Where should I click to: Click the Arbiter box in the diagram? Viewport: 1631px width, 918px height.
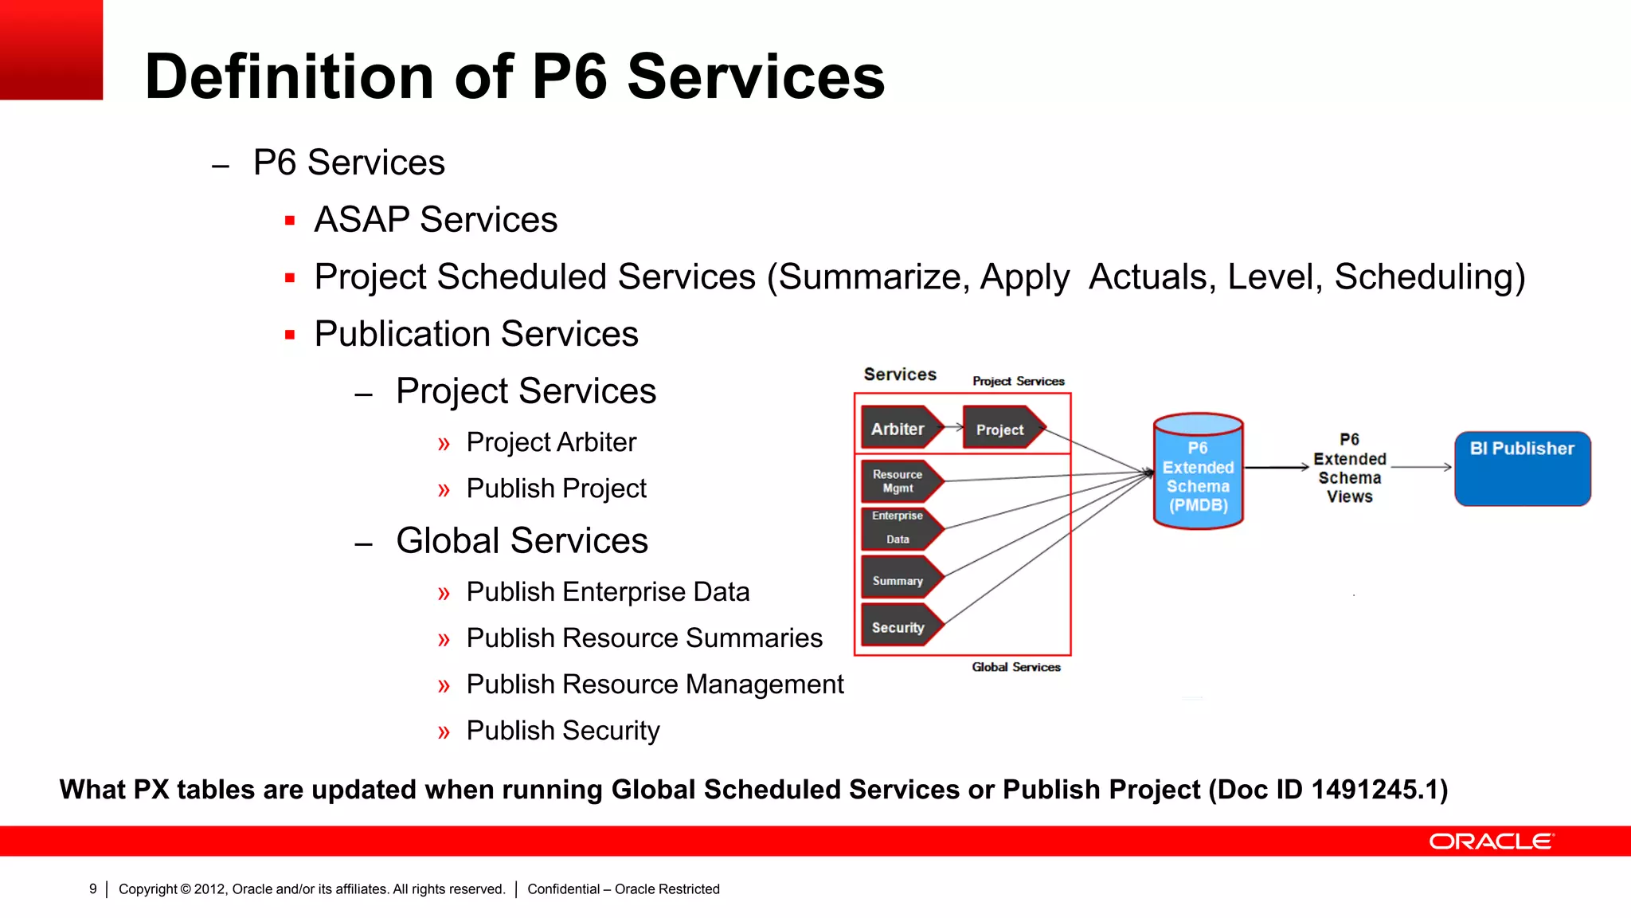(x=898, y=429)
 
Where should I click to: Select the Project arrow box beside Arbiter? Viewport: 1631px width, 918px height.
(x=1000, y=429)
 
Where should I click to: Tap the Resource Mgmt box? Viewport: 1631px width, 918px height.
(x=898, y=481)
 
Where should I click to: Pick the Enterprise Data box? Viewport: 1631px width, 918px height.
(x=898, y=528)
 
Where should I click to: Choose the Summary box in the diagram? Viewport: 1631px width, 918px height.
(x=898, y=580)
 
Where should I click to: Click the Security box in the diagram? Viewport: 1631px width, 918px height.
(x=898, y=627)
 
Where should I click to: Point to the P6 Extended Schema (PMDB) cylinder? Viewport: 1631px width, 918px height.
(x=1198, y=472)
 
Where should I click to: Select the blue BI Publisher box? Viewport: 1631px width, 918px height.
(x=1522, y=469)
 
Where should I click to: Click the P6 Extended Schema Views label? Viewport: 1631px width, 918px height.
(x=1349, y=468)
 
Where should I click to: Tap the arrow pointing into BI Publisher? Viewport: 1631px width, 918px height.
(x=1422, y=467)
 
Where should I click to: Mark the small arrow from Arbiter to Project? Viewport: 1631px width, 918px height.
(x=954, y=427)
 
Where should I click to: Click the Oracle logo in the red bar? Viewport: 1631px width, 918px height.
(x=1491, y=841)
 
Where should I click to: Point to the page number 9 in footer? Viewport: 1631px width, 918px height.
(x=93, y=889)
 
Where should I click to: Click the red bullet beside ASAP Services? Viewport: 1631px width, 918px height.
(x=290, y=221)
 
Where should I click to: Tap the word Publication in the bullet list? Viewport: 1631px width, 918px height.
(x=401, y=334)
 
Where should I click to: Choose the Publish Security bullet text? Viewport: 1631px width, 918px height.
(x=563, y=730)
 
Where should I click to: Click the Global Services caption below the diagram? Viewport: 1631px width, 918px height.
(x=1016, y=667)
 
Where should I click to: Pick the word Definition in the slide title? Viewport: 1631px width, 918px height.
(x=289, y=76)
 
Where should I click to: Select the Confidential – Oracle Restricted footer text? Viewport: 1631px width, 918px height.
(x=624, y=889)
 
